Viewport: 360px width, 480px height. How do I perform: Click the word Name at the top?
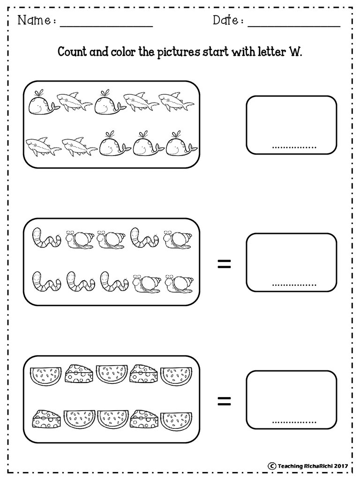[34, 20]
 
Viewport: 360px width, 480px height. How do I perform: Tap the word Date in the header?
[225, 20]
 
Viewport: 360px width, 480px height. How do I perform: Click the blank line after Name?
[106, 27]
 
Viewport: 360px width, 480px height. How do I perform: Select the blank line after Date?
[294, 27]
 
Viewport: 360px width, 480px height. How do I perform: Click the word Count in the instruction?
[72, 52]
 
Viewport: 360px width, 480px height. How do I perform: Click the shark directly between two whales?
[75, 101]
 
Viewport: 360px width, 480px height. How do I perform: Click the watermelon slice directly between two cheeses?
[111, 375]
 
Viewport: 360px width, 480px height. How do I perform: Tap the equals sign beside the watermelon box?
[225, 401]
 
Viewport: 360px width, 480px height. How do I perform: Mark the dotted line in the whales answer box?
[294, 148]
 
